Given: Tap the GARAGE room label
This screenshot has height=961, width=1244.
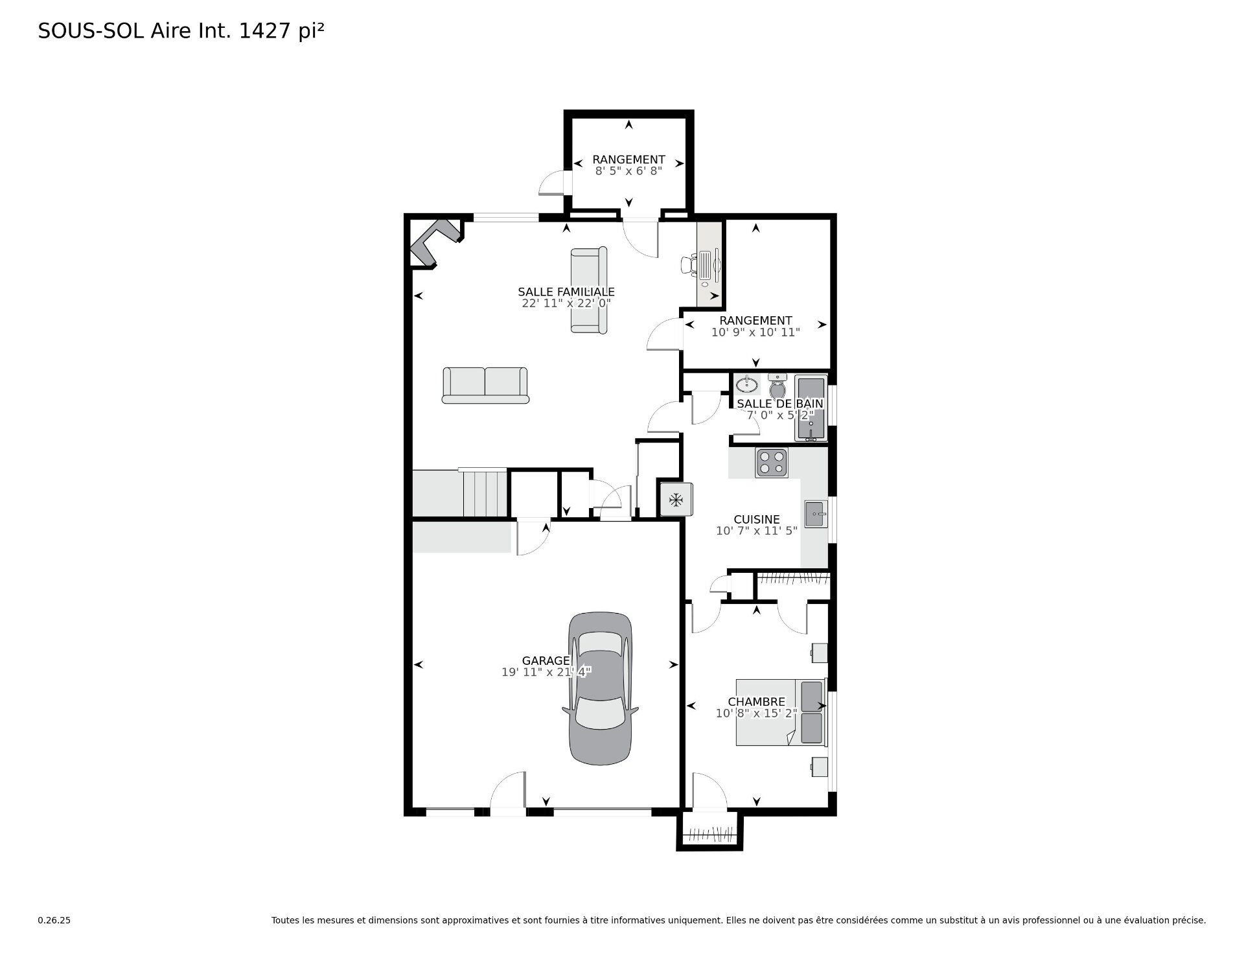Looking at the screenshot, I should pos(546,661).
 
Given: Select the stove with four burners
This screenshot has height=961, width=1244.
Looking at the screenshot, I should pos(771,463).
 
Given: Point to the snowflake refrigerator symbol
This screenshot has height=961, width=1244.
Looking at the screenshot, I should pos(676,500).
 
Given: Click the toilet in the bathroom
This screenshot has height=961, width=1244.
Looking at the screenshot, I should pos(777,388).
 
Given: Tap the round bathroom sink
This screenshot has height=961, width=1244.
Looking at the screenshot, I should pos(747,384).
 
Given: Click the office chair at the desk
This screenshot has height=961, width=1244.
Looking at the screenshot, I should pos(689,264).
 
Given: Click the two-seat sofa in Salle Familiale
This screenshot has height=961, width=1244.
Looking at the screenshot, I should pos(485,385).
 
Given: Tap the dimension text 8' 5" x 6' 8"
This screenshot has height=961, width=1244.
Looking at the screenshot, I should pos(628,171).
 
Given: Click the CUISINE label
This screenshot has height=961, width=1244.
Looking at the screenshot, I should pos(756,519).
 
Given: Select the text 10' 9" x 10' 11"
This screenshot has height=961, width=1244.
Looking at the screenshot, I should pos(755,332).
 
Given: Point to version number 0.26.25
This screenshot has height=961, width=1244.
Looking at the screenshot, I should pos(54,920).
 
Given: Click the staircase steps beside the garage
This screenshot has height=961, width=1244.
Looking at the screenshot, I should pos(485,493).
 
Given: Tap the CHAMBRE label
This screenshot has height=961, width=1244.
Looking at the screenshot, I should pos(756,702).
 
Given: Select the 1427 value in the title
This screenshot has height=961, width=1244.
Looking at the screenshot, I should pos(264,31).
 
